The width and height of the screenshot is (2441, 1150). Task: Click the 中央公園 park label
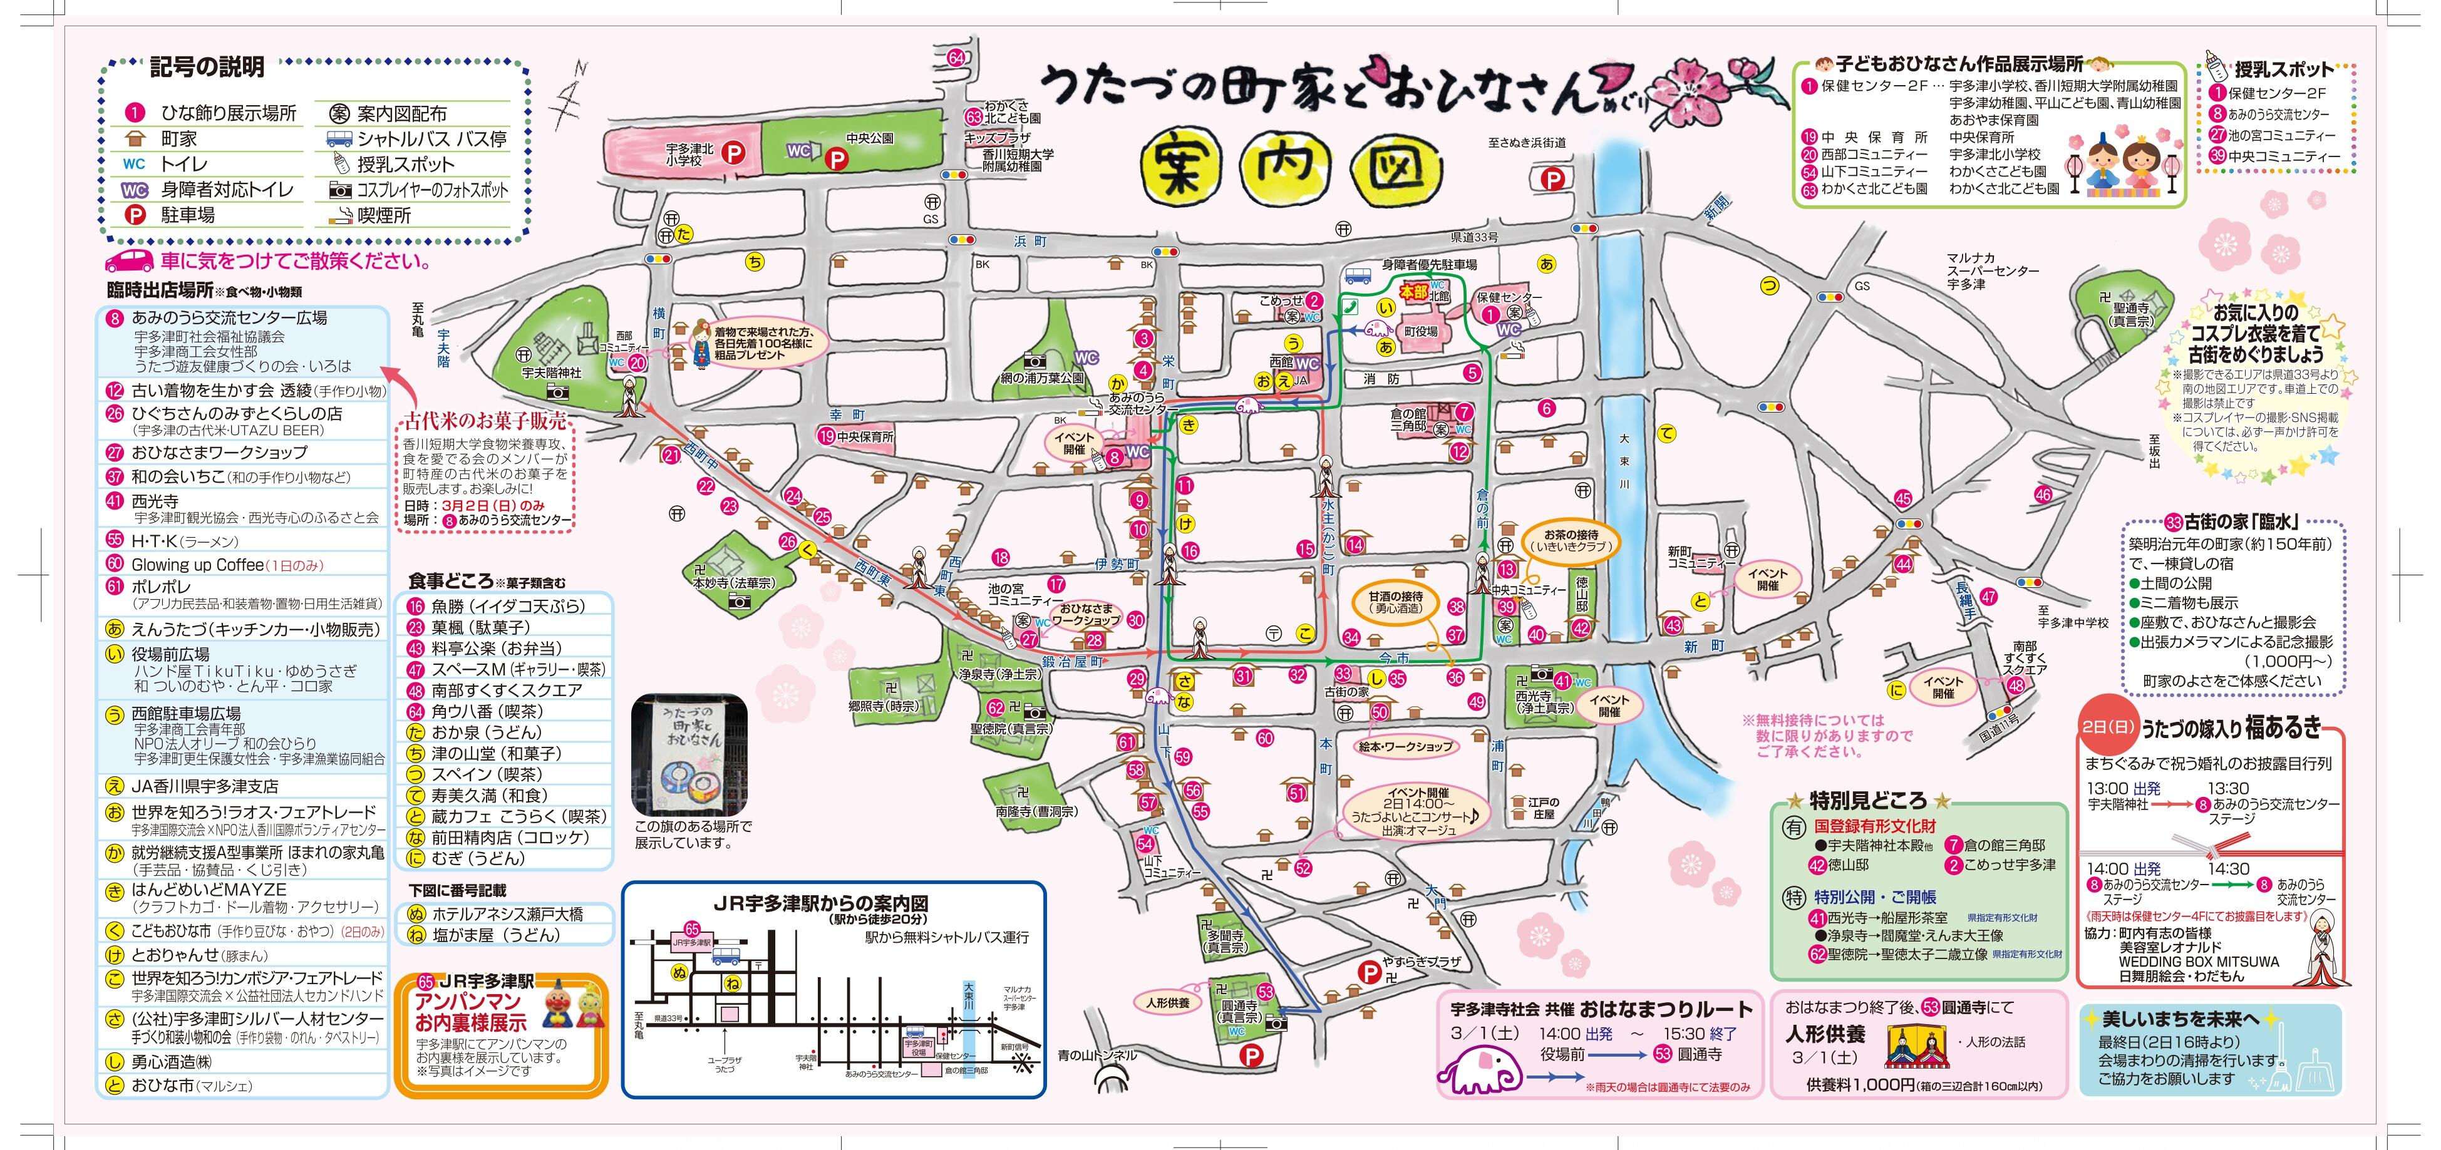[x=870, y=138]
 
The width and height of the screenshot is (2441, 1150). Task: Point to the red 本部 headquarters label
[x=1414, y=293]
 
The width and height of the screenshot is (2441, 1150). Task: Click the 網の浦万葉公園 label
[x=1041, y=378]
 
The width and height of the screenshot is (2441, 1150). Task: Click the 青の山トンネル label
[x=1097, y=1054]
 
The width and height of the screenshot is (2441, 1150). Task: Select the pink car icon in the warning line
[x=129, y=260]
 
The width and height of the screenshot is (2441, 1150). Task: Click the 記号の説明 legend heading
[x=207, y=67]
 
